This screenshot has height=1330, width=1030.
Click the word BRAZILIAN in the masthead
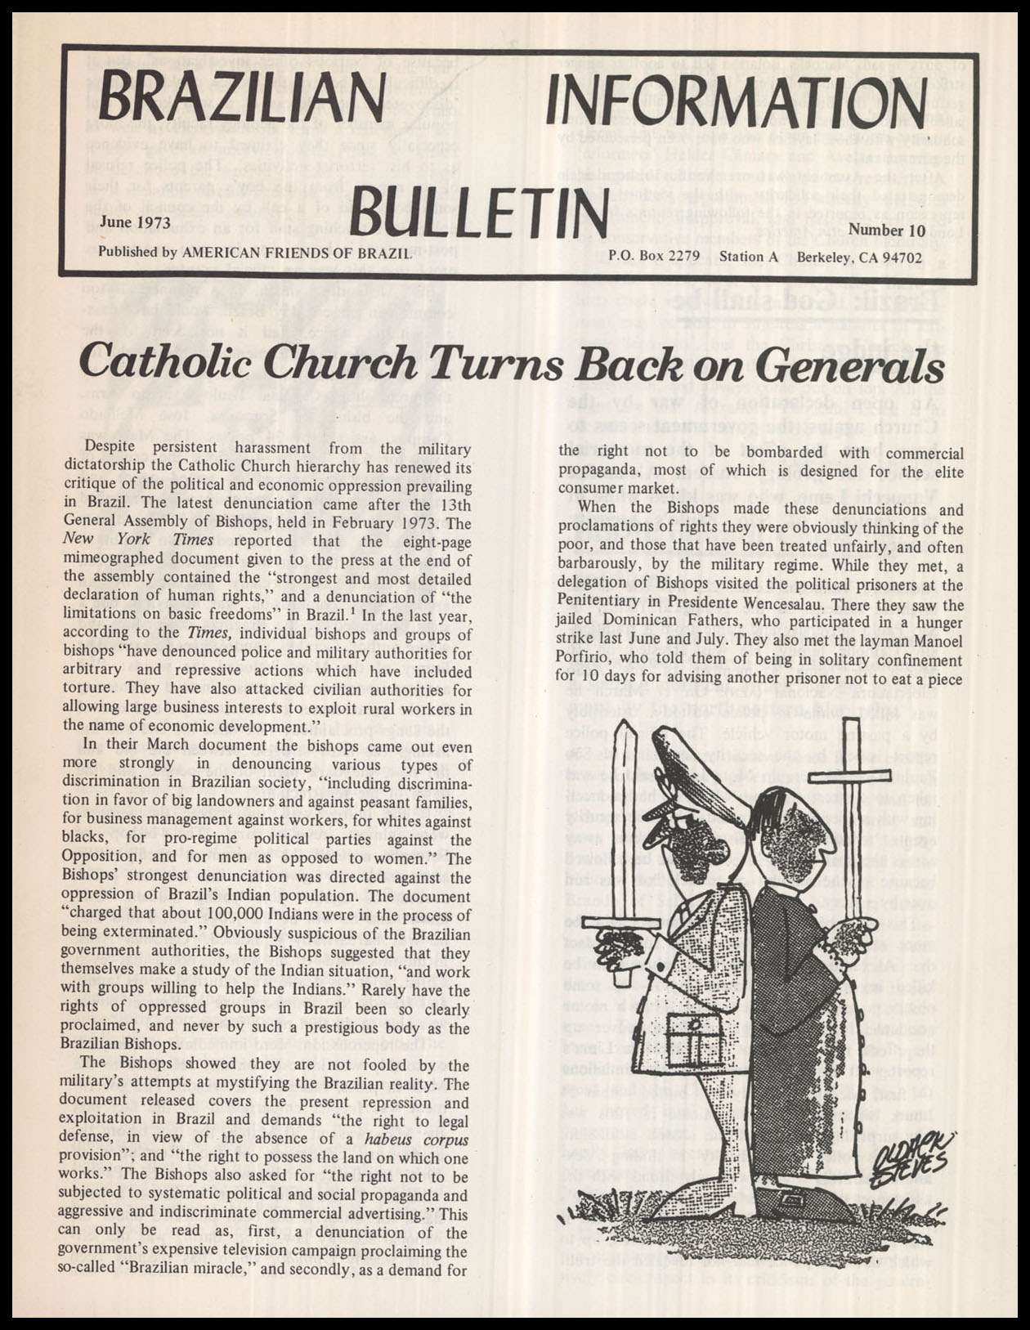click(x=240, y=101)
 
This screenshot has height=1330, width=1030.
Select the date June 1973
click(x=135, y=222)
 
